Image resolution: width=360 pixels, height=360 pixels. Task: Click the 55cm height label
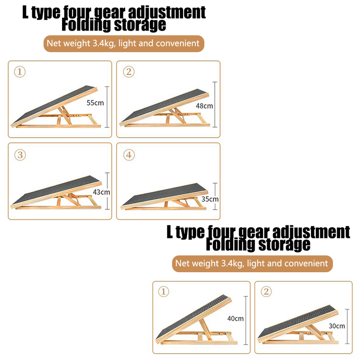pyautogui.click(x=95, y=103)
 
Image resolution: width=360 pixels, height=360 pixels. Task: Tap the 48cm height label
pyautogui.click(x=205, y=106)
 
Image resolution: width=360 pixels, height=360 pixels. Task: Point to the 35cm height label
pyautogui.click(x=210, y=199)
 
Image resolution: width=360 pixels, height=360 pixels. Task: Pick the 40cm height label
pyautogui.click(x=235, y=319)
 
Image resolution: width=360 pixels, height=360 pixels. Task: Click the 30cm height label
pyautogui.click(x=337, y=326)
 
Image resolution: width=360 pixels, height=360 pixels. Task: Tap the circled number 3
pyautogui.click(x=19, y=154)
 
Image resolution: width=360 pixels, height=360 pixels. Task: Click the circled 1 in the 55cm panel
pyautogui.click(x=19, y=72)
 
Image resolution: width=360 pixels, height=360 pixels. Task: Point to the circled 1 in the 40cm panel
pyautogui.click(x=164, y=292)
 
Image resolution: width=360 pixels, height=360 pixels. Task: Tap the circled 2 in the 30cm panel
pyautogui.click(x=266, y=292)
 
